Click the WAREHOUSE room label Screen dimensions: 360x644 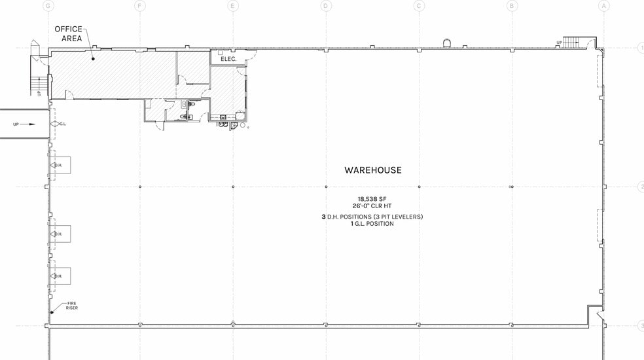coord(373,170)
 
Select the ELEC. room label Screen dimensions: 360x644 coord(228,58)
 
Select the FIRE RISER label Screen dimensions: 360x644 coord(71,306)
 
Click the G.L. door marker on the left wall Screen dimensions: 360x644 coord(63,124)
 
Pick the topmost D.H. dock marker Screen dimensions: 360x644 coord(58,165)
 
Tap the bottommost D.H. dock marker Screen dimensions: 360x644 coord(58,276)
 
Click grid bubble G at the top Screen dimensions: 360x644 coord(47,6)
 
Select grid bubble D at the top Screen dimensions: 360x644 coord(325,6)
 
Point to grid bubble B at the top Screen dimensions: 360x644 coord(512,6)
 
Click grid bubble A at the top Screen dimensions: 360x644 coord(603,6)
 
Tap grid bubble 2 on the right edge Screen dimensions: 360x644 coord(641,187)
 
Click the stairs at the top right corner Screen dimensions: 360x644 coord(572,43)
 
